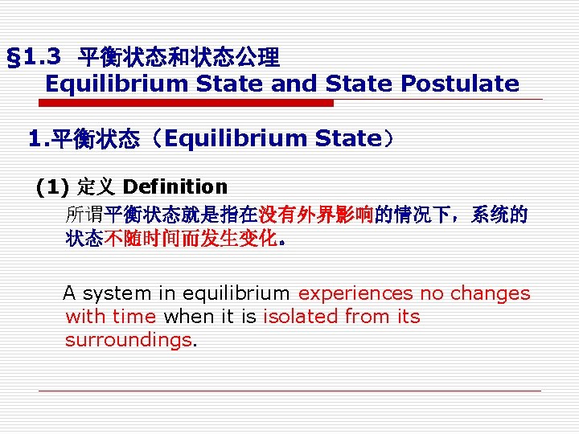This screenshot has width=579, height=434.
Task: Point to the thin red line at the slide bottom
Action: point(289,391)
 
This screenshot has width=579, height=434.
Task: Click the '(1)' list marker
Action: point(52,187)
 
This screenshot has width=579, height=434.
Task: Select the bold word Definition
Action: point(176,187)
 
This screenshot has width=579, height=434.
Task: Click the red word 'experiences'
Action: point(351,293)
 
